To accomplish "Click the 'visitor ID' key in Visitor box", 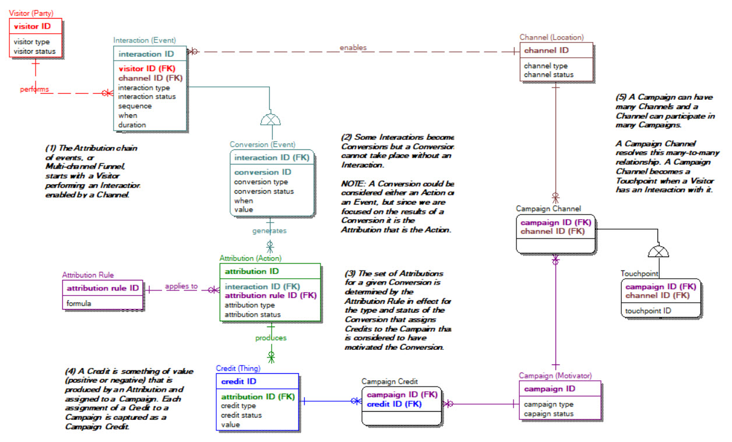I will click(32, 26).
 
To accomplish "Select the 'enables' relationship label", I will click(353, 47).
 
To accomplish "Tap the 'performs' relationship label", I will click(34, 89).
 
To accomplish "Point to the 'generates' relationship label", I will click(269, 230).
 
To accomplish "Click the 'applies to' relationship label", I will click(181, 286).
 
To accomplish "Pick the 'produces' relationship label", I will click(270, 338).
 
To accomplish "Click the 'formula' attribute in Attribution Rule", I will click(79, 303).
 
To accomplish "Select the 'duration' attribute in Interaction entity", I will click(132, 125).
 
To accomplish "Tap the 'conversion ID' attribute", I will click(262, 172).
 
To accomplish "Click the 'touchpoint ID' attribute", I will click(648, 311).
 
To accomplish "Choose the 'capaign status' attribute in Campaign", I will click(548, 414).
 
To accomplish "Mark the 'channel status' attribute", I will click(548, 75).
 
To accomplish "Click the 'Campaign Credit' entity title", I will click(389, 381).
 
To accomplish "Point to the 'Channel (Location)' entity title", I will click(551, 37).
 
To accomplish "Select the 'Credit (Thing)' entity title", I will click(238, 369).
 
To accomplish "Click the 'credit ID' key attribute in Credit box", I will click(239, 381).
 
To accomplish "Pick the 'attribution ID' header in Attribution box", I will click(252, 271).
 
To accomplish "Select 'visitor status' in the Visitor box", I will click(34, 51).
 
